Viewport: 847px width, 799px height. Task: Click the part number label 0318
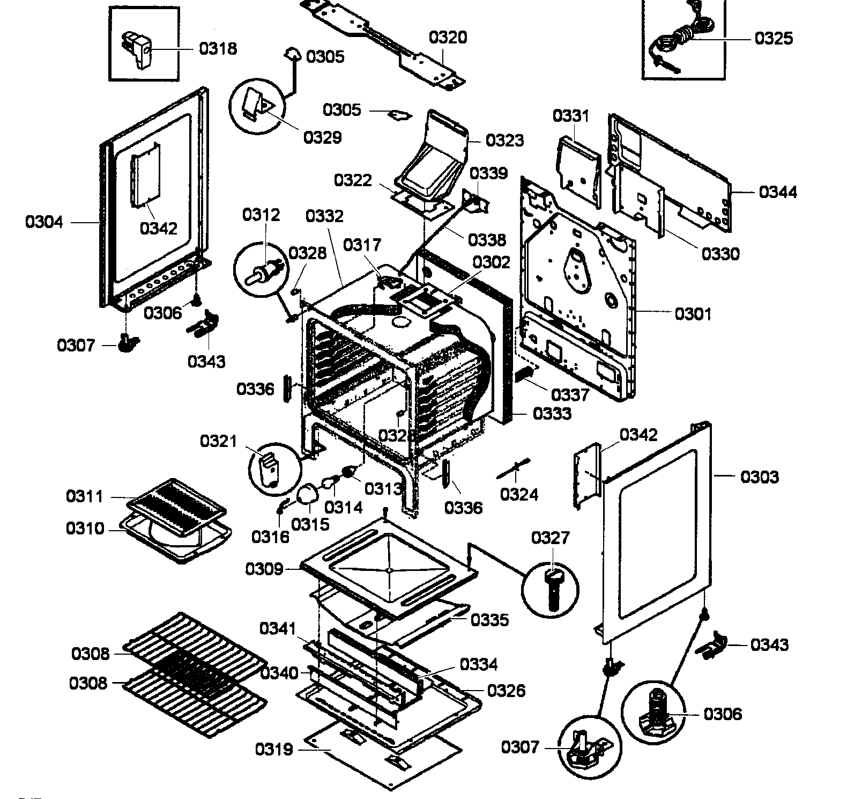coord(218,48)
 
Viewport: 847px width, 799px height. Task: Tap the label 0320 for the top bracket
coord(448,38)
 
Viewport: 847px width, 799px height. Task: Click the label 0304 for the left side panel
coord(44,222)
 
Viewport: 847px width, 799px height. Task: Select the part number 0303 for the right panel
coord(759,477)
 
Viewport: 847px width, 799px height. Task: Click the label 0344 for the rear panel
coord(778,192)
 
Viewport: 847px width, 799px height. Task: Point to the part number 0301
coord(693,313)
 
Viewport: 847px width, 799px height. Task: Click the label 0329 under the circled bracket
coord(323,137)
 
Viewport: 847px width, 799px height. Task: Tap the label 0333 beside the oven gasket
coord(552,413)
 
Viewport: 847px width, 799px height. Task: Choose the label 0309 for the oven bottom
coord(264,569)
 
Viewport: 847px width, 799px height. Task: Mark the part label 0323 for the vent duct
coord(504,140)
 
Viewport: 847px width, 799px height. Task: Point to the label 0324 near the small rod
coord(518,494)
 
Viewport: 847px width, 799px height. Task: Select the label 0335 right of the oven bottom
coord(489,620)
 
